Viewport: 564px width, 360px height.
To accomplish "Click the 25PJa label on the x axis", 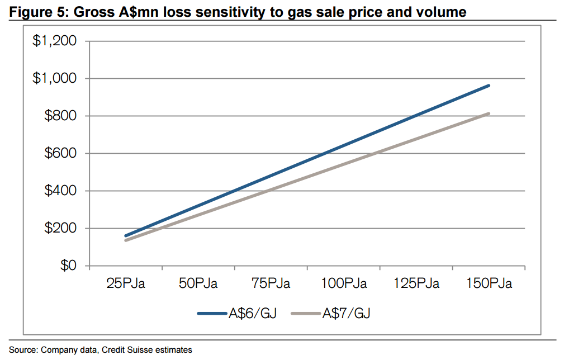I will pos(126,283).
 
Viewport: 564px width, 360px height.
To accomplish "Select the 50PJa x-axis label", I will pos(198,283).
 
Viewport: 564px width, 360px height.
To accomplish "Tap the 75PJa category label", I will pos(271,283).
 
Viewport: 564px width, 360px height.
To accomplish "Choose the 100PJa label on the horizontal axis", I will pos(344,283).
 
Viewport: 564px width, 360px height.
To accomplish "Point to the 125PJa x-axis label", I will pos(416,283).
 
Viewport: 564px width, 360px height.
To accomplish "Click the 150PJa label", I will pos(489,283).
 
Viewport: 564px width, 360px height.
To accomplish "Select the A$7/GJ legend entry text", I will pos(346,314).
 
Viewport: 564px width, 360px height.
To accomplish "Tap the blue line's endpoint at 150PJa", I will pos(489,86).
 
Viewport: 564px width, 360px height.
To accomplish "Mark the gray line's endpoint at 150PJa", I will pos(489,113).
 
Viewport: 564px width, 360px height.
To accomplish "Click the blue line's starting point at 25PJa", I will pos(126,236).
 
